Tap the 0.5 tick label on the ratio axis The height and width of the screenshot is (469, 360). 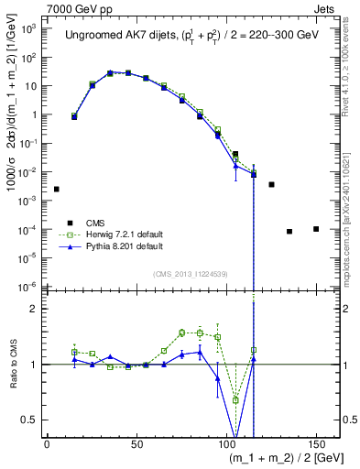point(29,420)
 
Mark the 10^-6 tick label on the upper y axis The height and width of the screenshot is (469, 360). point(27,287)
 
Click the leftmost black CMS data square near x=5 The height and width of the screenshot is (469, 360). point(57,189)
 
